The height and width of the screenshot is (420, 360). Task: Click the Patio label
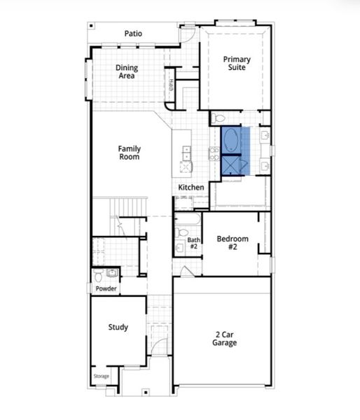point(133,33)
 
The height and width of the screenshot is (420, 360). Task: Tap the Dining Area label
point(127,71)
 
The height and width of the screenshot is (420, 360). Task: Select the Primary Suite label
point(237,64)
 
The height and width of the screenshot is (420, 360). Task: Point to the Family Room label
point(129,153)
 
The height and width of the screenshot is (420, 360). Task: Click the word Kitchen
point(191,188)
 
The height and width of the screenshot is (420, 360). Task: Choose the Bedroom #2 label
point(233,244)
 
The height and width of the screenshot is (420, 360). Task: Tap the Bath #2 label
point(193,244)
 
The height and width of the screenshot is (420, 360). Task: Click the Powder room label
point(106,288)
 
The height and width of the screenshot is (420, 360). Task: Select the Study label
point(118,327)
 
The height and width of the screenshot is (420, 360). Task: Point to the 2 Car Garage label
point(225,339)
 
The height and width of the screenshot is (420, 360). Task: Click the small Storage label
point(102,377)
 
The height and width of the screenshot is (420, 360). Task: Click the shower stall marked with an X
point(230,165)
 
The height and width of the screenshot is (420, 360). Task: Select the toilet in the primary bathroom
point(219,118)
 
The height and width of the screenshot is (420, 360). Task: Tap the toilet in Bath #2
point(180,246)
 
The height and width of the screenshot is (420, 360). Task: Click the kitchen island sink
point(186,150)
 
